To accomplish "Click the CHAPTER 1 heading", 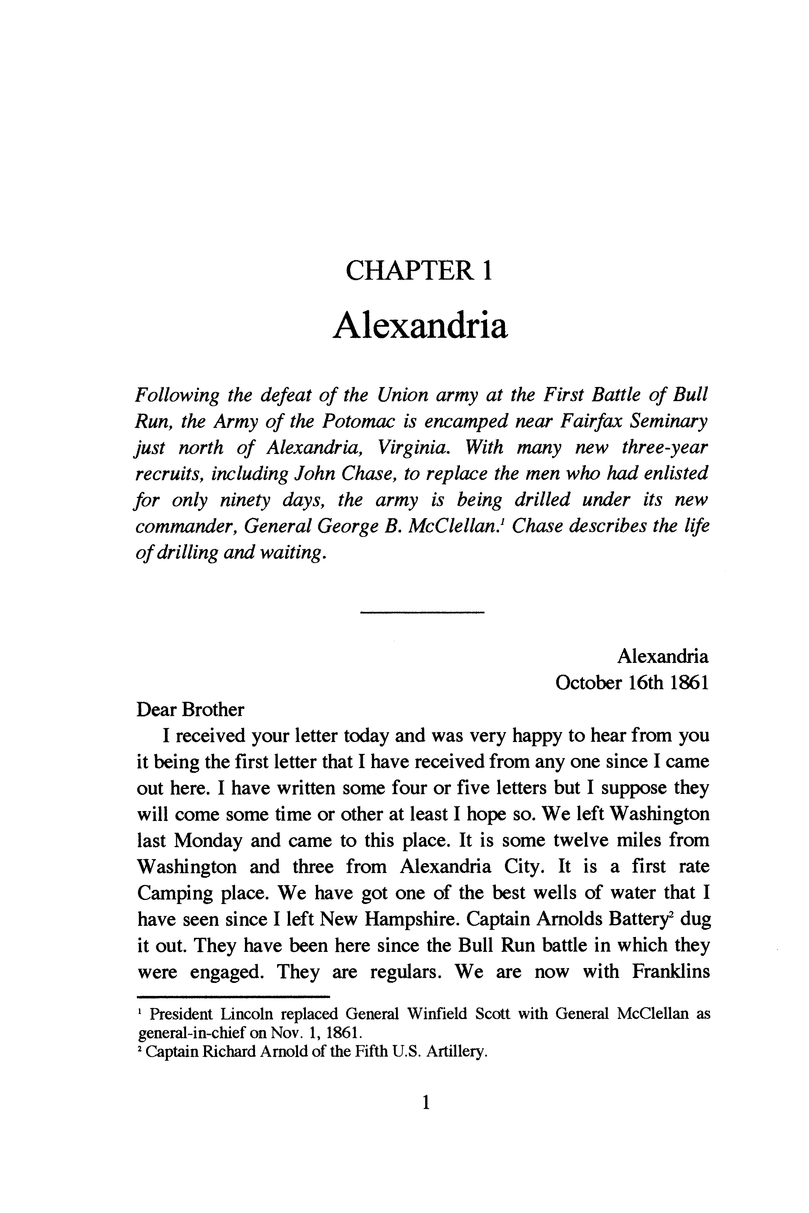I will point(418,270).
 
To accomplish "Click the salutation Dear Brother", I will point(190,710).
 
